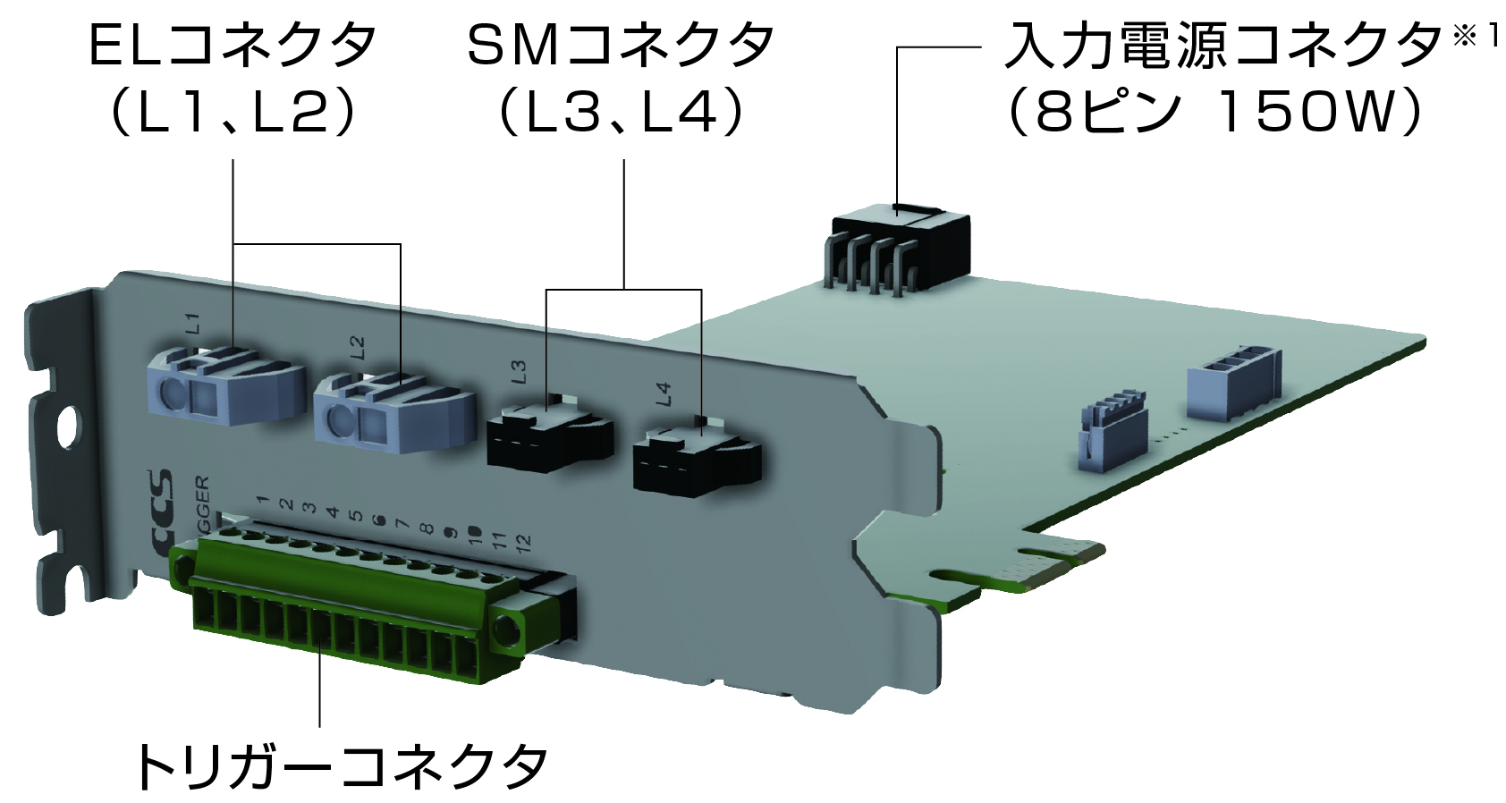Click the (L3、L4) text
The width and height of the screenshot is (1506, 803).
pyautogui.click(x=621, y=113)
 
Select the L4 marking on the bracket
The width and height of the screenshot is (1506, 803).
pyautogui.click(x=663, y=393)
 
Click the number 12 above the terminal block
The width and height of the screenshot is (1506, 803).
pyautogui.click(x=523, y=540)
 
